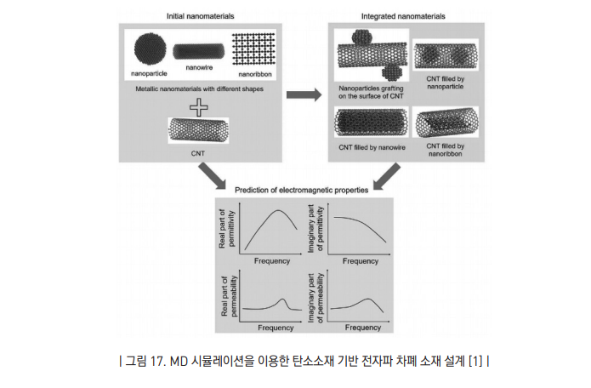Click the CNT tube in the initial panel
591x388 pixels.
coord(199,130)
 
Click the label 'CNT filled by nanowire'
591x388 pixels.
coord(371,148)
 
